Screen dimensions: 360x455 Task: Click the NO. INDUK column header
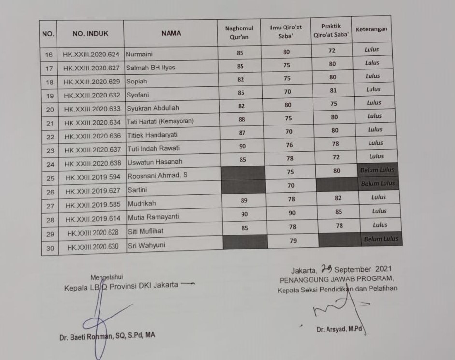(x=90, y=34)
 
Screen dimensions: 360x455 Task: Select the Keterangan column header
(x=371, y=29)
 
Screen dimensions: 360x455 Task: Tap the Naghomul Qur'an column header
(x=239, y=32)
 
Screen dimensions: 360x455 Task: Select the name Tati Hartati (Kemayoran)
(x=160, y=121)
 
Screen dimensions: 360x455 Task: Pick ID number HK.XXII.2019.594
(x=92, y=177)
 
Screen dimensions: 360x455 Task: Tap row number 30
(x=50, y=248)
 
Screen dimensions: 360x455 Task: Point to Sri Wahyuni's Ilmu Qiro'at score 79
(x=293, y=241)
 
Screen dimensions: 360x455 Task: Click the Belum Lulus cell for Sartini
(x=377, y=184)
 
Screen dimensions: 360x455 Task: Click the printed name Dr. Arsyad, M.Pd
(x=339, y=330)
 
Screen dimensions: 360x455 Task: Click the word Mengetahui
(x=107, y=277)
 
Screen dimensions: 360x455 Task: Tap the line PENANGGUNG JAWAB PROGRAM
(x=337, y=279)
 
